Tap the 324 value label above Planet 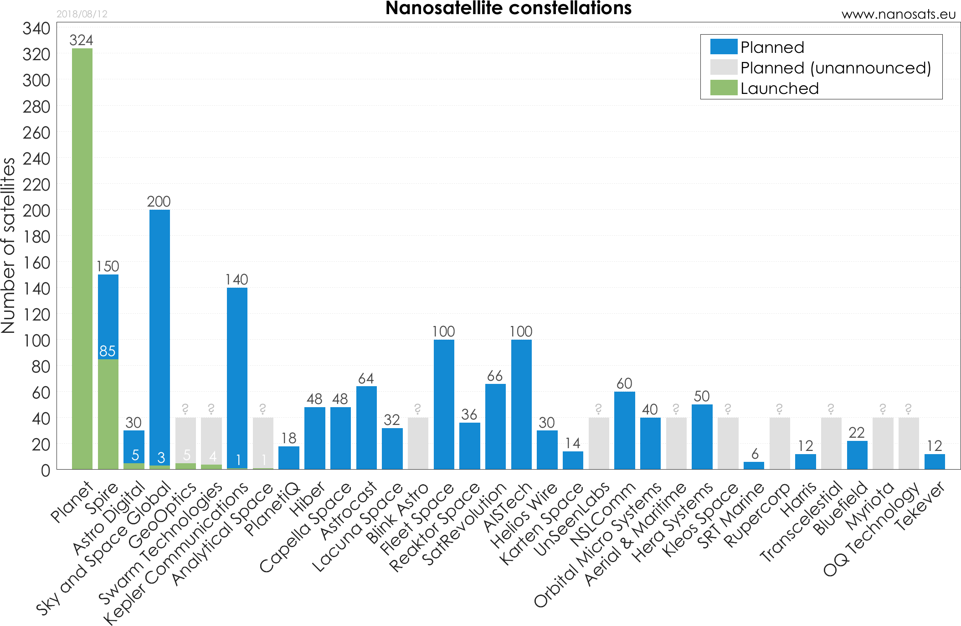[81, 40]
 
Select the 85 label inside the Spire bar [108, 351]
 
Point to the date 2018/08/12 [82, 14]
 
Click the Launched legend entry [779, 88]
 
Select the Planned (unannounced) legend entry [835, 68]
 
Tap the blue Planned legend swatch [724, 47]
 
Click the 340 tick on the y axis [36, 28]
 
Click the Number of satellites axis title [8, 246]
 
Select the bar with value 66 [495, 426]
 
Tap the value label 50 [702, 396]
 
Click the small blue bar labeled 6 [754, 466]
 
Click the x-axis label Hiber [308, 499]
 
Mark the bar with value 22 [857, 455]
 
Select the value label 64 [366, 378]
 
